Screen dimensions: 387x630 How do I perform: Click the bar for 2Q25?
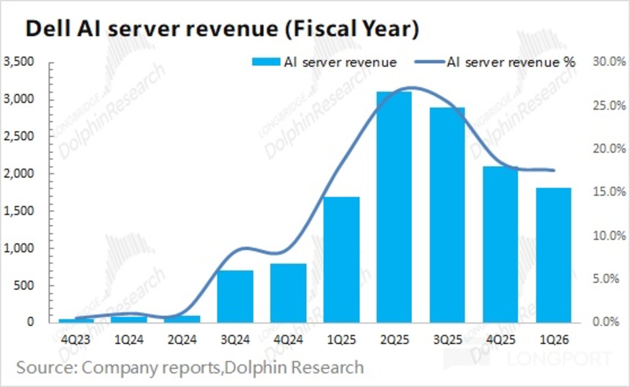pyautogui.click(x=394, y=207)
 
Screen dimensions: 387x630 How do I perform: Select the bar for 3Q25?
pyautogui.click(x=447, y=214)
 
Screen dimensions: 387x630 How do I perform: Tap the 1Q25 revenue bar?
pyautogui.click(x=341, y=260)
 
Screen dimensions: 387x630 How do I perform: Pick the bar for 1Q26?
pyautogui.click(x=553, y=255)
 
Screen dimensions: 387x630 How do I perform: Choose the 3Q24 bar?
pyautogui.click(x=235, y=296)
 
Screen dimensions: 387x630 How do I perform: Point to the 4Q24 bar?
pyautogui.click(x=288, y=293)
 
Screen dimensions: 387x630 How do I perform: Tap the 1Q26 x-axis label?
pyautogui.click(x=553, y=340)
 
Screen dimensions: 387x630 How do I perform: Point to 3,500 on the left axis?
pyautogui.click(x=18, y=62)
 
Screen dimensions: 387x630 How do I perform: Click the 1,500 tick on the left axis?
pyautogui.click(x=18, y=210)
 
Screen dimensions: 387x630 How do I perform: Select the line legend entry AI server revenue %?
pyautogui.click(x=511, y=62)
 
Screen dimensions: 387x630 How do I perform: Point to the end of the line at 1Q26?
pyautogui.click(x=554, y=170)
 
